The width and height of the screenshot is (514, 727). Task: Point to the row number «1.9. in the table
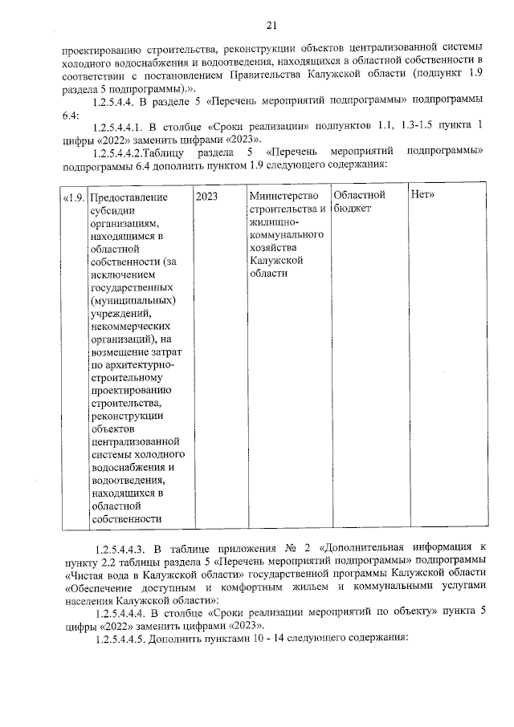point(73,197)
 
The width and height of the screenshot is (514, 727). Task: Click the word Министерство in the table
point(283,196)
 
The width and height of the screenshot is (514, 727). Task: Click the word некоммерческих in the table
point(131,327)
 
